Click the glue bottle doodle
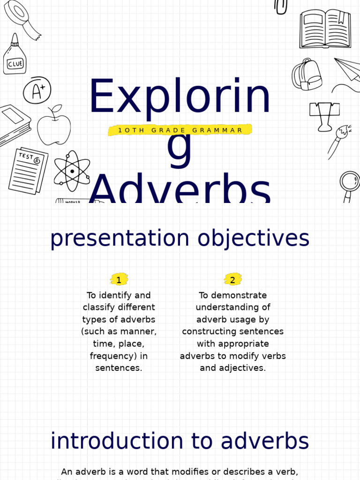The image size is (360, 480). pyautogui.click(x=15, y=55)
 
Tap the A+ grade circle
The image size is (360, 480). pyautogui.click(x=37, y=90)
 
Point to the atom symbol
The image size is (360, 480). pyautogui.click(x=72, y=171)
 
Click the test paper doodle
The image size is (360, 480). pyautogui.click(x=28, y=171)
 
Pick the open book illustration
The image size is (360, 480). pyautogui.click(x=325, y=29)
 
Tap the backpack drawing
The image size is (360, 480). pyautogui.click(x=307, y=75)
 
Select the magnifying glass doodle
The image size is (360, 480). pyautogui.click(x=349, y=184)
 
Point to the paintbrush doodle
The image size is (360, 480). pyautogui.click(x=339, y=140)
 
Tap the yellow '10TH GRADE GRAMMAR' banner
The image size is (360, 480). pyautogui.click(x=180, y=130)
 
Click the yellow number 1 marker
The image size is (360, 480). pyautogui.click(x=119, y=280)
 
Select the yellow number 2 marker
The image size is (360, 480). pyautogui.click(x=232, y=280)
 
